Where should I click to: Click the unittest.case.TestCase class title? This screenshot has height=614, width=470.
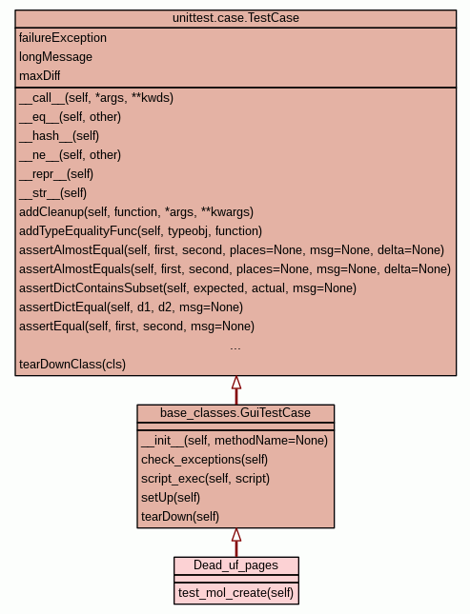point(235,18)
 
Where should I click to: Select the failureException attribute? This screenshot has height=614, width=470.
point(63,38)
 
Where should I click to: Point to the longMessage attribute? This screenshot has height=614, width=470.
point(55,57)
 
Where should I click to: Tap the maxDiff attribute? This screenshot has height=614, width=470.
point(40,75)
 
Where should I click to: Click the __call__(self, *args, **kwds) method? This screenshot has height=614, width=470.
point(96,98)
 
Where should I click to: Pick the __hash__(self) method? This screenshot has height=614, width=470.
point(59,136)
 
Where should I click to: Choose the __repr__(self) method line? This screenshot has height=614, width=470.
point(56,174)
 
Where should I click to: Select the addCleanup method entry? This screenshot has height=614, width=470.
point(136,212)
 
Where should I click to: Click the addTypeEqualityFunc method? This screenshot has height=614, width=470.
point(140,231)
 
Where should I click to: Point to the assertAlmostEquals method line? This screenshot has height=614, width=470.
point(235,269)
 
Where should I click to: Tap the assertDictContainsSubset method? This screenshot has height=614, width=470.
point(188,288)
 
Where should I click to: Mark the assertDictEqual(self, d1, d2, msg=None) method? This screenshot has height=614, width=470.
point(131,307)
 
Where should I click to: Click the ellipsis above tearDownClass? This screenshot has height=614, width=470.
point(235,347)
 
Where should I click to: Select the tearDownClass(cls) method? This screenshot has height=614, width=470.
point(72,365)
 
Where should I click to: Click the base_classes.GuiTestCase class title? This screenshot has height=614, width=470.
point(235,413)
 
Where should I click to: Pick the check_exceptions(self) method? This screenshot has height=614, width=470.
point(204,460)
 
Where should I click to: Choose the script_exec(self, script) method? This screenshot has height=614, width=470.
point(205,479)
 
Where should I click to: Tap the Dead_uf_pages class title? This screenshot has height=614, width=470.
point(235,565)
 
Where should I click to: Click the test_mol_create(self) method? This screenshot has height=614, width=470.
point(235,593)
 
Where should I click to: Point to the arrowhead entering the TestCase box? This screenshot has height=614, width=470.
point(236,382)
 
